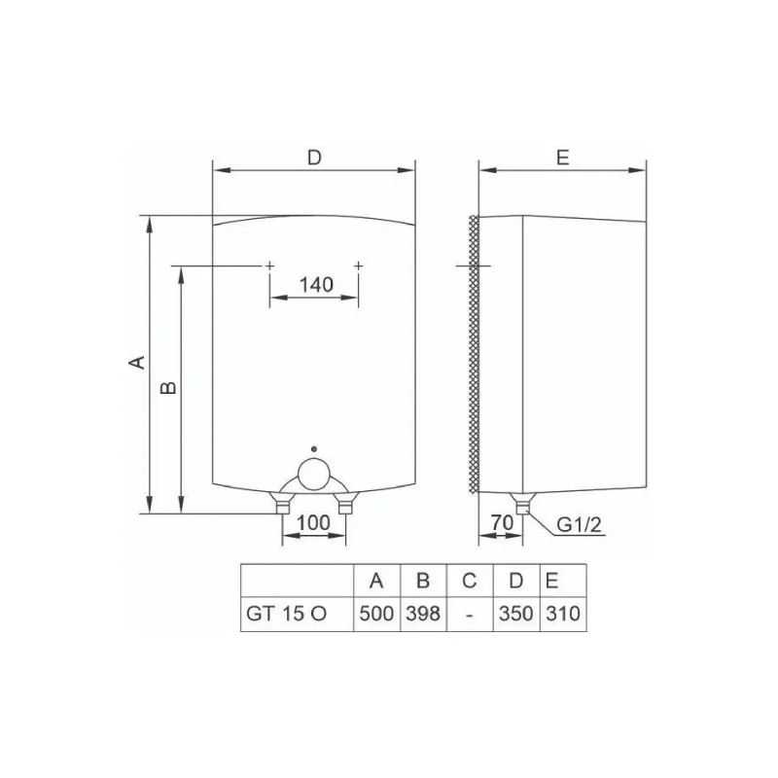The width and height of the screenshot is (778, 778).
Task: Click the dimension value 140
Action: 317,285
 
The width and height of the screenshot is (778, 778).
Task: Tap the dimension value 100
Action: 312,523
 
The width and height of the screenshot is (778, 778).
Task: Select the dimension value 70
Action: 502,523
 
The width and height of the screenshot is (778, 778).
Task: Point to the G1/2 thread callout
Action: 581,526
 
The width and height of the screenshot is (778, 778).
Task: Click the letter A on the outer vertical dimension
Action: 137,362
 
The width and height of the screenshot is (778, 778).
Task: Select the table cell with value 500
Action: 375,615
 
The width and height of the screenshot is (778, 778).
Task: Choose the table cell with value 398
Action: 422,615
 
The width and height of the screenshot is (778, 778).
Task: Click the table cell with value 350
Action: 516,615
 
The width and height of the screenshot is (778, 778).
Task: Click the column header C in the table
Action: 469,582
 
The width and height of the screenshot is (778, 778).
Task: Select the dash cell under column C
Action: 469,615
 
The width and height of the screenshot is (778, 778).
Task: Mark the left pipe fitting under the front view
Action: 282,505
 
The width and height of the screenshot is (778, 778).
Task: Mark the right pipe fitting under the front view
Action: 343,505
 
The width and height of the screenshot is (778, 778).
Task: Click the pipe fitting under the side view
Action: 523,504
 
